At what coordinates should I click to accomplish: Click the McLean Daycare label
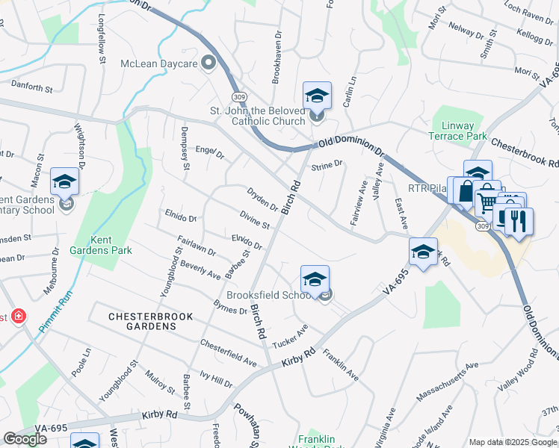point(159,63)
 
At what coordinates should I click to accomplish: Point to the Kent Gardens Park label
point(101,245)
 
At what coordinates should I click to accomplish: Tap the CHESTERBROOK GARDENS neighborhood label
point(151,317)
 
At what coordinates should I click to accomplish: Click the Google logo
point(25,439)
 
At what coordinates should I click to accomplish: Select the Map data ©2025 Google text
point(512,442)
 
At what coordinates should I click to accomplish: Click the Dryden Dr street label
point(262,199)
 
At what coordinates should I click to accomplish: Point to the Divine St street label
point(255,220)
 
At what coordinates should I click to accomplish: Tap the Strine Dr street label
point(327,165)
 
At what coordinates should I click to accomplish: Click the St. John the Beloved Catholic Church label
point(258,116)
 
